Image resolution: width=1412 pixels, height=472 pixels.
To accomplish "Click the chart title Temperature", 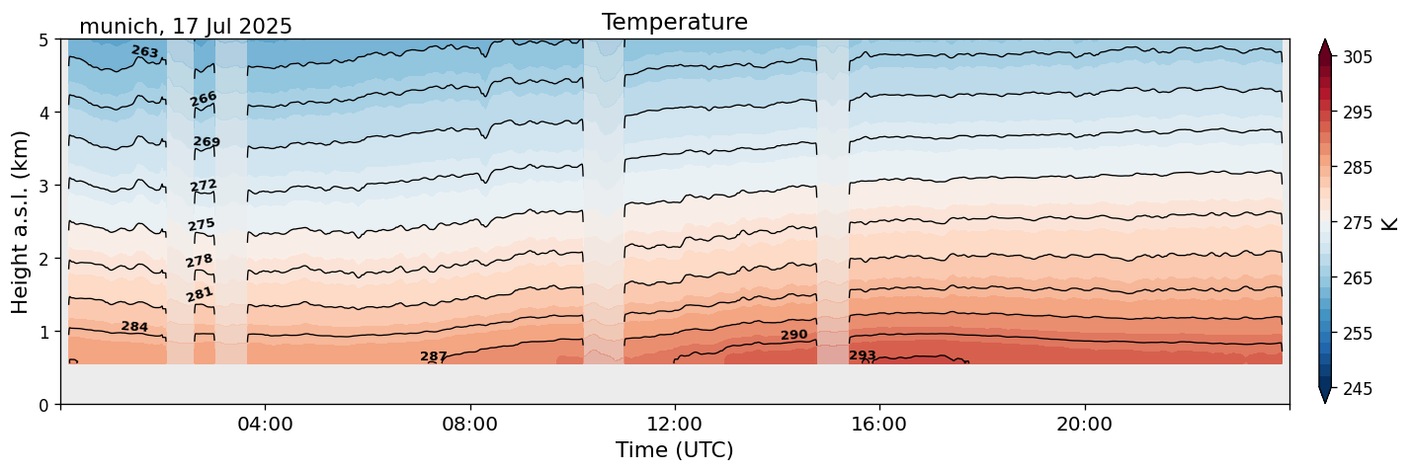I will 674,22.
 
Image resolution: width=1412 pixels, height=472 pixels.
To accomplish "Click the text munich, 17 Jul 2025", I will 186,27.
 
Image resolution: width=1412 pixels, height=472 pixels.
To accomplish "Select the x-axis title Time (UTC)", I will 674,450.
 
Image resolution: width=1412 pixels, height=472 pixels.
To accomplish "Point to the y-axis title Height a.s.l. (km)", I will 21,222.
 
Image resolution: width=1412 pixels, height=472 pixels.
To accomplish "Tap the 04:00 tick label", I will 266,425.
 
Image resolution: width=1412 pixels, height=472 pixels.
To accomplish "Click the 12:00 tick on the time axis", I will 675,425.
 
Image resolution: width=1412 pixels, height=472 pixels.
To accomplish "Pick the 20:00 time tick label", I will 1084,425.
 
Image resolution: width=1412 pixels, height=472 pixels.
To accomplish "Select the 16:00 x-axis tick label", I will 879,425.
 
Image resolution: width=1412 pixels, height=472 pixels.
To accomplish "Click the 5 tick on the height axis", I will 43,40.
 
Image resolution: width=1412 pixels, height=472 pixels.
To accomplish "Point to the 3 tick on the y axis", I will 43,186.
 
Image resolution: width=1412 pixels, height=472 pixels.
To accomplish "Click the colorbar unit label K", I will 1390,223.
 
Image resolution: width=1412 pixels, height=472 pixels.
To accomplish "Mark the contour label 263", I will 144,51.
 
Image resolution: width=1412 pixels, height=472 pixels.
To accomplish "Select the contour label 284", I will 134,327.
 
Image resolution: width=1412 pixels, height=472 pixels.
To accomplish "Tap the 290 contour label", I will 793,336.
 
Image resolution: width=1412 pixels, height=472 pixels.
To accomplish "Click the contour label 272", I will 204,186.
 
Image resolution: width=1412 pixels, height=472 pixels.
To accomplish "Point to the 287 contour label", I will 434,356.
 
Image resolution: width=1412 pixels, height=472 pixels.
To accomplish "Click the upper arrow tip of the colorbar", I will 1325,41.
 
